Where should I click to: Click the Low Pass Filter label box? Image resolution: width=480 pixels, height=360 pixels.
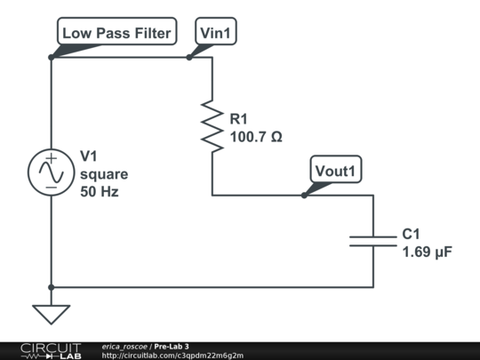[117, 34]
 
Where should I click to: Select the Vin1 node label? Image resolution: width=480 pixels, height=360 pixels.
[217, 34]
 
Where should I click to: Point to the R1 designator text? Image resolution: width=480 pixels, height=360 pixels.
[240, 119]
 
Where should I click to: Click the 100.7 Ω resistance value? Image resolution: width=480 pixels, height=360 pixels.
[256, 138]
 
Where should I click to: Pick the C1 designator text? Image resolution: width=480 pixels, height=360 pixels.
[411, 234]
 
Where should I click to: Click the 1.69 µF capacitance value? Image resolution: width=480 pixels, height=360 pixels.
[428, 252]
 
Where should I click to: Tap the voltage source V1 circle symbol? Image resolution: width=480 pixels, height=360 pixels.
[52, 172]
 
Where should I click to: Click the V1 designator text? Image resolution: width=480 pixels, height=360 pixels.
[88, 156]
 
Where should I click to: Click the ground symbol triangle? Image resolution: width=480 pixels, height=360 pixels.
[52, 314]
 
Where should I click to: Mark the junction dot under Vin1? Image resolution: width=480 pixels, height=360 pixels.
[189, 58]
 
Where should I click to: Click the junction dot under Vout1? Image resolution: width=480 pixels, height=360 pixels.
[304, 195]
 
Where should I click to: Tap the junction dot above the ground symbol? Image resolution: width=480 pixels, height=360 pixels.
[52, 287]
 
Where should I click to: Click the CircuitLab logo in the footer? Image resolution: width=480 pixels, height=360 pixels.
[43, 350]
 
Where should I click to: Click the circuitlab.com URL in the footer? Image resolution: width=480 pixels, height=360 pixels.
[172, 356]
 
